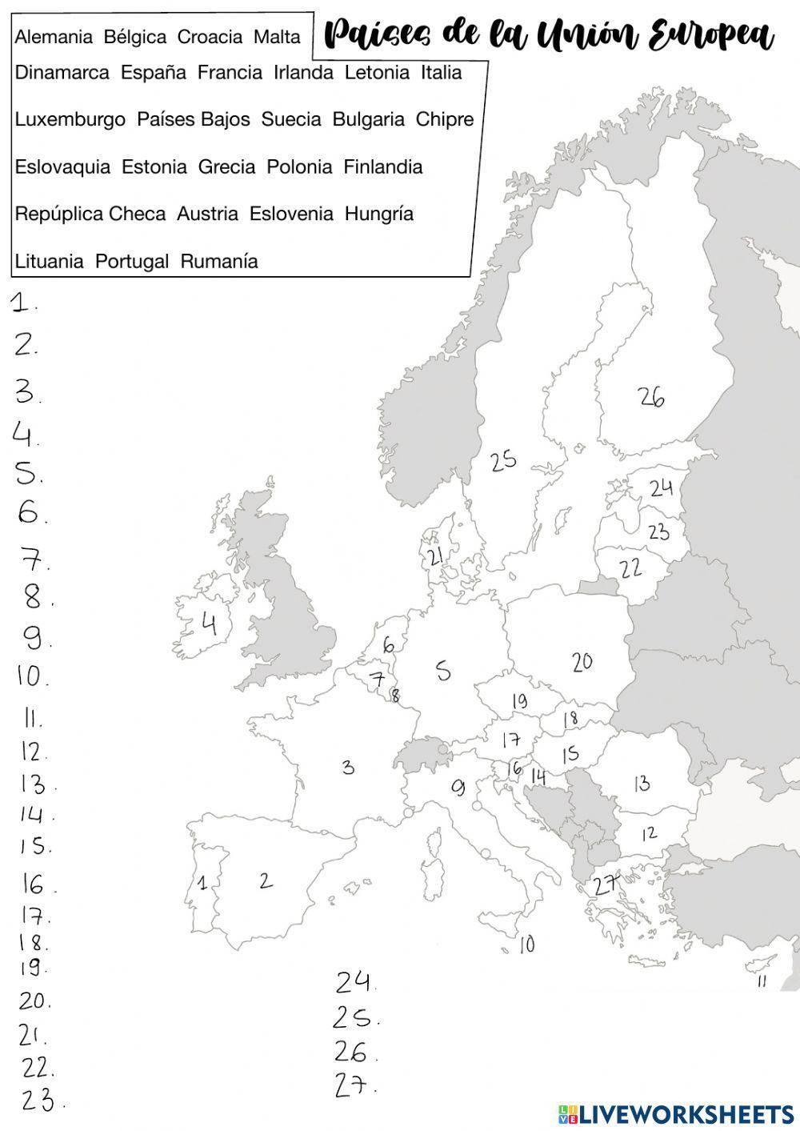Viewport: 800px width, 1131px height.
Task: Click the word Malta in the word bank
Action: [277, 37]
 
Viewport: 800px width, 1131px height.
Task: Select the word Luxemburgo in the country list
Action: [70, 119]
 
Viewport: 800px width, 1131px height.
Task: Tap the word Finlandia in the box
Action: [382, 166]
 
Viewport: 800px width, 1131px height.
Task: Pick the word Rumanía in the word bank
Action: [219, 261]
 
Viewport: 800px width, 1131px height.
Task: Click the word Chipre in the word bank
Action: [445, 119]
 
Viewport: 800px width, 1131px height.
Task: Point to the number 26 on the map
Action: [651, 395]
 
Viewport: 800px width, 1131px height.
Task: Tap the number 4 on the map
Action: [209, 623]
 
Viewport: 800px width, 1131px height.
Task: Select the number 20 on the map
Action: [582, 661]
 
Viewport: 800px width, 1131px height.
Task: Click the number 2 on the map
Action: [266, 880]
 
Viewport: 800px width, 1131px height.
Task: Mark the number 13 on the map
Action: [641, 783]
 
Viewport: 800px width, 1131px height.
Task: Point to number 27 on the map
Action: [606, 884]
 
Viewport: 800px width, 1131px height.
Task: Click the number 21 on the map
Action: [435, 557]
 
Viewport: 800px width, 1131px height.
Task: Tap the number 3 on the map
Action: [348, 767]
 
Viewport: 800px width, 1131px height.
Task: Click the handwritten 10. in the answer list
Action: [32, 676]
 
